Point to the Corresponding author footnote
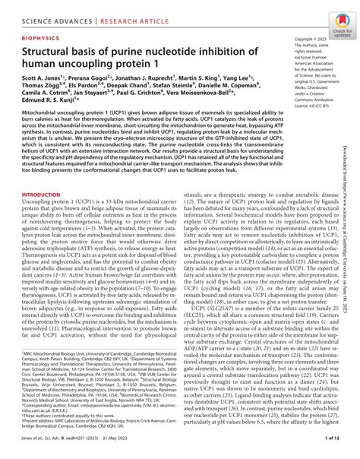pyautogui.click(x=53, y=418)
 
